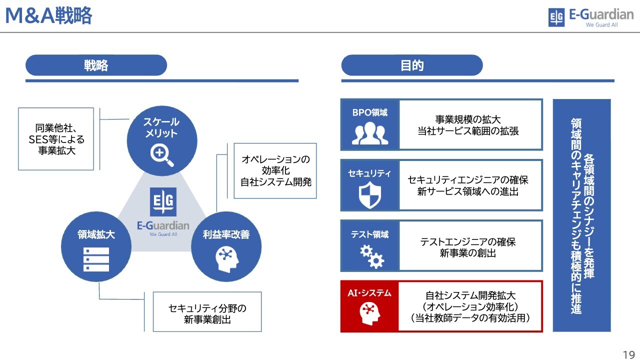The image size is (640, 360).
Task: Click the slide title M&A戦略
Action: pyautogui.click(x=48, y=16)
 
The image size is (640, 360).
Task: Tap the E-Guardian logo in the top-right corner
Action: pyautogui.click(x=590, y=17)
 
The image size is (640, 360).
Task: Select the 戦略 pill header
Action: pyautogui.click(x=96, y=65)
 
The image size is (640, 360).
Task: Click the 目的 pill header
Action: pyautogui.click(x=412, y=65)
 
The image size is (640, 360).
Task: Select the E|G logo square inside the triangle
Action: pyautogui.click(x=163, y=202)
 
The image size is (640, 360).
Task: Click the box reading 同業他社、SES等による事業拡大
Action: pyautogui.click(x=56, y=138)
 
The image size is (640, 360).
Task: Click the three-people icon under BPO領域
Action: pyautogui.click(x=370, y=133)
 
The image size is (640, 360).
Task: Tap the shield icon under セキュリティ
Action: pyautogui.click(x=369, y=195)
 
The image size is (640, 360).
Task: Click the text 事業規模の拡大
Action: pyautogui.click(x=467, y=119)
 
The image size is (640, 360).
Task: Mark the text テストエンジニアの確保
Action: pyautogui.click(x=467, y=242)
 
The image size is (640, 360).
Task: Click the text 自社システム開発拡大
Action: pyautogui.click(x=470, y=295)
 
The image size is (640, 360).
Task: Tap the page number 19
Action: pyautogui.click(x=628, y=354)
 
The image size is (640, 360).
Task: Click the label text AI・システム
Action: pyautogui.click(x=369, y=293)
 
